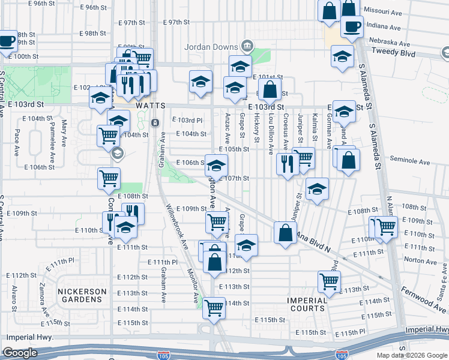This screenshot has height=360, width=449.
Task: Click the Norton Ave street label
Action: pos(421,260)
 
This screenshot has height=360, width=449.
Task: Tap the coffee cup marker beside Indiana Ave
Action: pos(351,26)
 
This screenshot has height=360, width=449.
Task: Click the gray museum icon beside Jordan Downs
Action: pos(246,46)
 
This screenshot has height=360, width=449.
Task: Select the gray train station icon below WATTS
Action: pos(155,123)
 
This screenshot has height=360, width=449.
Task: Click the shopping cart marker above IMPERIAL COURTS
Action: pos(329,280)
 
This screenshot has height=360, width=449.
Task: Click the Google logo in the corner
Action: pos(20,353)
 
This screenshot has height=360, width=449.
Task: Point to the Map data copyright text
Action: pos(412,355)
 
